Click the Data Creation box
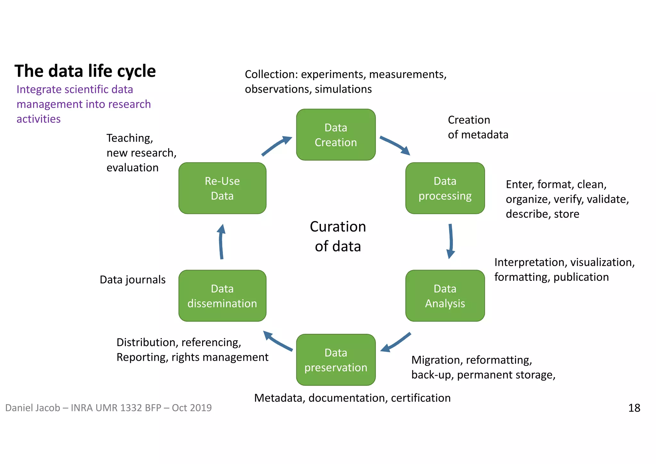point(336,135)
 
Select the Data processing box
point(445,188)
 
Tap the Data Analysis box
point(445,296)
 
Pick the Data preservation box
point(336,360)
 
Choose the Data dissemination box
point(222,296)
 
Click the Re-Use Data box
point(222,188)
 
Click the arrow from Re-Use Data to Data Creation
point(276,146)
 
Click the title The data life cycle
point(85,71)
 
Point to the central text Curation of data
point(338,236)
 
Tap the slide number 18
point(634,408)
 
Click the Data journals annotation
point(132,280)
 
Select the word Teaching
point(129,138)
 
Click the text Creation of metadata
point(478,127)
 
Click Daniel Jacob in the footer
point(32,408)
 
